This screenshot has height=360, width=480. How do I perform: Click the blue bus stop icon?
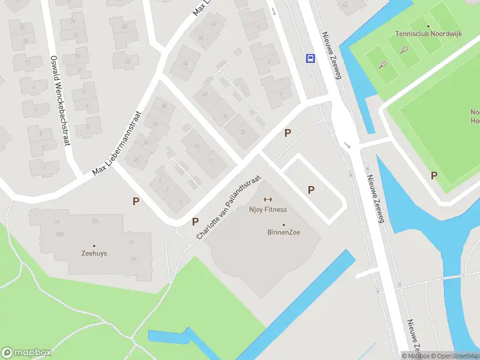click(311, 58)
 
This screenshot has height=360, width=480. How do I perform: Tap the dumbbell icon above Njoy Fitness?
click(268, 200)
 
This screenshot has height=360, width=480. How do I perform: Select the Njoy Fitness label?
click(268, 209)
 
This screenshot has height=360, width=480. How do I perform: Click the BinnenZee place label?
click(284, 232)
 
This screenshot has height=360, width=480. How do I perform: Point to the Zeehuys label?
click(94, 253)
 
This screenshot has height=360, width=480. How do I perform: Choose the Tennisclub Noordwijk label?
click(428, 34)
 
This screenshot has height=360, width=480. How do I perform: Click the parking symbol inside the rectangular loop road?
click(311, 190)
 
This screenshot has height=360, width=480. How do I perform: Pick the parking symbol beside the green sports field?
click(434, 175)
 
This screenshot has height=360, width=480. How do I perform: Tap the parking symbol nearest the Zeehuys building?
click(136, 202)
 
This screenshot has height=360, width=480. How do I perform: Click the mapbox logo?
click(26, 352)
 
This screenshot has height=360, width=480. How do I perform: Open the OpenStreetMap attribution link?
click(455, 355)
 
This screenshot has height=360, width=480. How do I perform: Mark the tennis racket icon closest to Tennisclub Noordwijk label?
click(405, 49)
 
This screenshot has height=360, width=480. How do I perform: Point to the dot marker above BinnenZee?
click(284, 225)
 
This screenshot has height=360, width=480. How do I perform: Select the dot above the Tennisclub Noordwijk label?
click(428, 26)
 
